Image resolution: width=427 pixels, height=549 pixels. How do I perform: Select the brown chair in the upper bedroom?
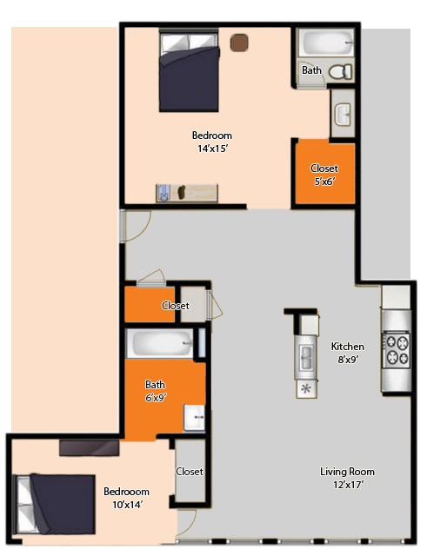click(238, 42)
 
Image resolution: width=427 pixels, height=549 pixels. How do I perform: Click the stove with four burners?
click(397, 349)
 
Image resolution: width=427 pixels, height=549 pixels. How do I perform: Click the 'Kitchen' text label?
click(348, 347)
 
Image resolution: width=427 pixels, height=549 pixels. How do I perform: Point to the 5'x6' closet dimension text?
click(324, 182)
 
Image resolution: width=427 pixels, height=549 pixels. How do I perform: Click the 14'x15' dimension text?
click(212, 149)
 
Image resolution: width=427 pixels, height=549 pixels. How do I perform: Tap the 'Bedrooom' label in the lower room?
click(126, 491)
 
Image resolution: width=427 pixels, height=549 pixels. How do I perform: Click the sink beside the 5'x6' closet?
click(342, 114)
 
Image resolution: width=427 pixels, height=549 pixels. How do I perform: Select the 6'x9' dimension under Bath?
click(155, 398)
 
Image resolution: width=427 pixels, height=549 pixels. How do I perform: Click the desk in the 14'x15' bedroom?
click(186, 192)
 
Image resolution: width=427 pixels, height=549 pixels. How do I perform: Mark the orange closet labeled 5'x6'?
click(324, 174)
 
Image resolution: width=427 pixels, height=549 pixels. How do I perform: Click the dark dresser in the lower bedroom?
click(89, 446)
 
